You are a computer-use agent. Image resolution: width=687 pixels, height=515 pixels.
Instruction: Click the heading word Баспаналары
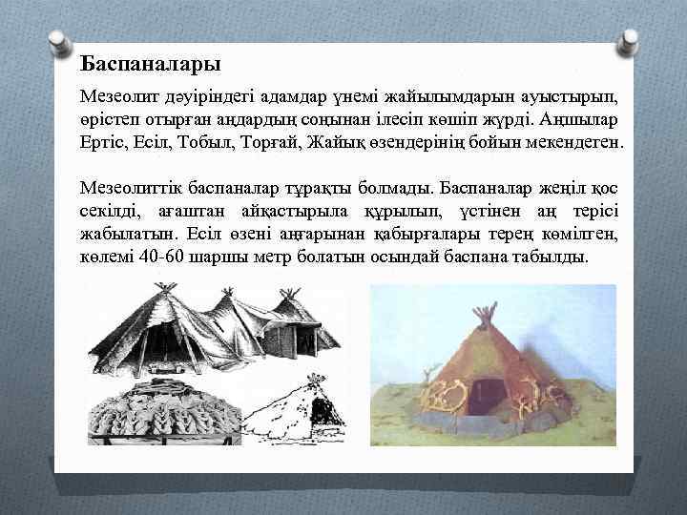[x=151, y=65]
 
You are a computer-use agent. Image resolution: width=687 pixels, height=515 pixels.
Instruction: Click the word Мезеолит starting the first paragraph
[x=117, y=98]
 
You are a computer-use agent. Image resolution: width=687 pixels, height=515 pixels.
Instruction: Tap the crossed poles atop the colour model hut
[x=486, y=314]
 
